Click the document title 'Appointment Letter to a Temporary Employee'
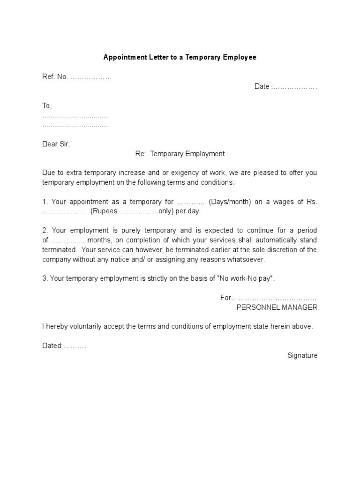(180, 58)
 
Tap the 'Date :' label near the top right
(262, 86)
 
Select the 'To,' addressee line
(47, 106)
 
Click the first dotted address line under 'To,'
(75, 116)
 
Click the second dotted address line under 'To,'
(75, 126)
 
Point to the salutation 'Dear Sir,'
(56, 144)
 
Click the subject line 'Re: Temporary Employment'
(180, 154)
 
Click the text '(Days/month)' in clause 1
(230, 202)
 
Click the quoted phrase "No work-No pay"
(247, 278)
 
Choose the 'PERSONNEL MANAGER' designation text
(277, 307)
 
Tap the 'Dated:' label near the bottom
(52, 345)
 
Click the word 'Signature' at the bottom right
(302, 355)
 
